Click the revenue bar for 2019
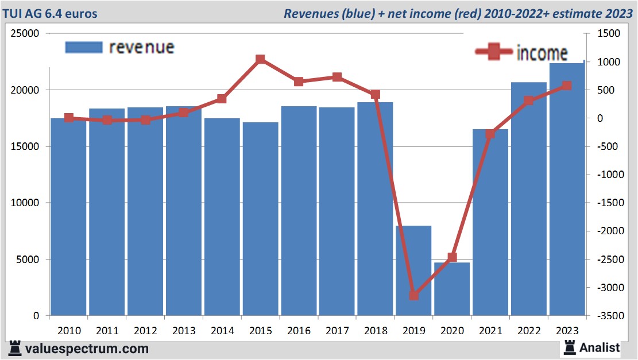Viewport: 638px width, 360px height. point(413,270)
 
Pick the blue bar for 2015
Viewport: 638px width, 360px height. point(260,219)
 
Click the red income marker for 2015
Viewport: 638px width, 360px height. point(260,59)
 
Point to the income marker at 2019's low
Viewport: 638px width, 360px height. point(413,295)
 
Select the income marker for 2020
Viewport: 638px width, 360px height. point(452,257)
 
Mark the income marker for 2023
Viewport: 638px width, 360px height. point(567,86)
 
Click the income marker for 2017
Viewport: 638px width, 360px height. point(337,77)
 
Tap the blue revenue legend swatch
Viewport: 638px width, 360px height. point(84,47)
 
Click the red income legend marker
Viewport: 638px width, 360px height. point(493,52)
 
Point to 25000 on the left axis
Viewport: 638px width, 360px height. point(25,34)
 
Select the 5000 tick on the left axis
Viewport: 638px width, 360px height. point(28,260)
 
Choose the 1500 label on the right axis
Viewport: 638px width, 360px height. point(608,34)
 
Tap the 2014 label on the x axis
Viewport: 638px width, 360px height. point(222,331)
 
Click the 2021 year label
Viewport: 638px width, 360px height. point(490,331)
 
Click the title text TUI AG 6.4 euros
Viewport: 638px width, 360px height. point(50,13)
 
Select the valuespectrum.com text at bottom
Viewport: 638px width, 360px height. point(86,349)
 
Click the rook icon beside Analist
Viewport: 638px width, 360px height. point(570,347)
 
